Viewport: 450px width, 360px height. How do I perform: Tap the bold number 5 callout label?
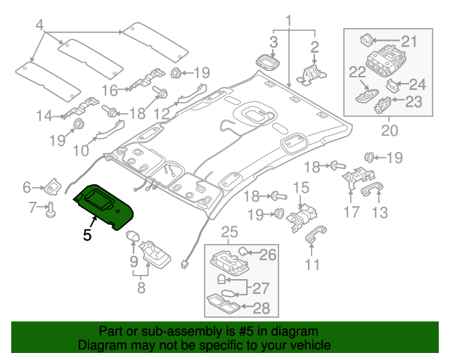coord(87,236)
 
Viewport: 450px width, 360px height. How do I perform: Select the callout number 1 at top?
coord(288,18)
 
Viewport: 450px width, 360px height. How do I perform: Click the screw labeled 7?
coord(52,209)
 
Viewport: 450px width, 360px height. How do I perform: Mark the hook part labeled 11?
coord(310,242)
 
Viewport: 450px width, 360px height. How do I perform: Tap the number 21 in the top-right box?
coord(409,40)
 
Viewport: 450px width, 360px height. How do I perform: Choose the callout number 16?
coord(110,90)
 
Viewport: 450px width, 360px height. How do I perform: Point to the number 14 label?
coord(44,115)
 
